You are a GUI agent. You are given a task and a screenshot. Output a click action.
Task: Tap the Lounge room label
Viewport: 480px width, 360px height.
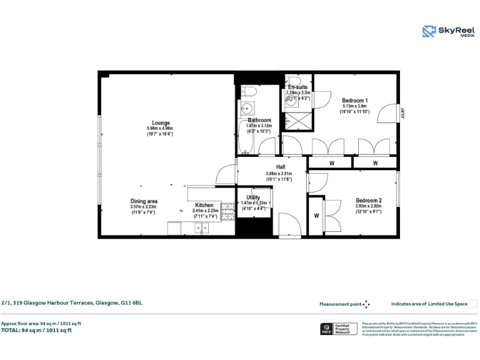161,123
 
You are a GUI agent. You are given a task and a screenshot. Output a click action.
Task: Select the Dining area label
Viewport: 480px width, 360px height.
143,201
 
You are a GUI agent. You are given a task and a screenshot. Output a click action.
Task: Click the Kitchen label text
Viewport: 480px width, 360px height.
204,205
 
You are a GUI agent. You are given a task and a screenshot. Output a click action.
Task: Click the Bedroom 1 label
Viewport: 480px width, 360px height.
354,101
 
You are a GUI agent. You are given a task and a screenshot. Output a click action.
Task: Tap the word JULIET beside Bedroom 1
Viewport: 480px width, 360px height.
403,112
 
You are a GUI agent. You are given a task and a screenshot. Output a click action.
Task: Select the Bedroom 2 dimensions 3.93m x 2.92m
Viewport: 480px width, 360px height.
368,206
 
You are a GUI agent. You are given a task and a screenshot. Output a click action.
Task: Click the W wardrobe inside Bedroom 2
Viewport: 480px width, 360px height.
316,216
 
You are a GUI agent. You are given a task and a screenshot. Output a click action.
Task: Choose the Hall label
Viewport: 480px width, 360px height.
281,167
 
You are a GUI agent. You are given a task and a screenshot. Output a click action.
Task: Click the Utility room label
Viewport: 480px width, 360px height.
253,197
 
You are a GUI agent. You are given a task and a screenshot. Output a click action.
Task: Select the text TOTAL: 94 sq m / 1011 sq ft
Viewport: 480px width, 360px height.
36,330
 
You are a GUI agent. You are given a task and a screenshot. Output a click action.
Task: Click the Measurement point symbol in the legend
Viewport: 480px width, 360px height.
366,304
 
